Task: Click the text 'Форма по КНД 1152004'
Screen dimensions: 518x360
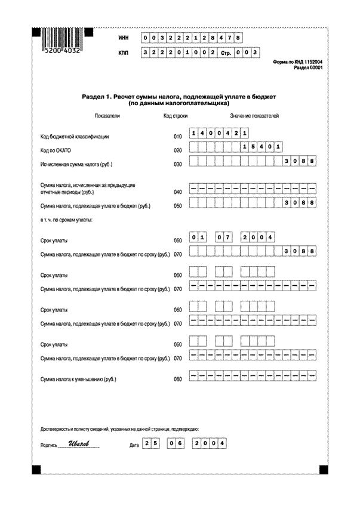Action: point(298,62)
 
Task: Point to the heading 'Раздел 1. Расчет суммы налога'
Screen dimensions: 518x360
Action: point(179,96)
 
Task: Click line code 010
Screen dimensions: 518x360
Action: point(177,137)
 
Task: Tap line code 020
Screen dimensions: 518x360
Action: point(177,150)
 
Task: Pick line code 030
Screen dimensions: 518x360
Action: point(177,164)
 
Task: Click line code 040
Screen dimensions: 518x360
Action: point(177,193)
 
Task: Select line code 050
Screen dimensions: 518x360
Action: point(177,206)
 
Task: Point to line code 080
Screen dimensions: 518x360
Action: point(177,379)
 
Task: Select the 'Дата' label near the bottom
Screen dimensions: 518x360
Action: point(134,445)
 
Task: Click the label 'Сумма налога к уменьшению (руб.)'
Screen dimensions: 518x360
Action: point(78,379)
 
